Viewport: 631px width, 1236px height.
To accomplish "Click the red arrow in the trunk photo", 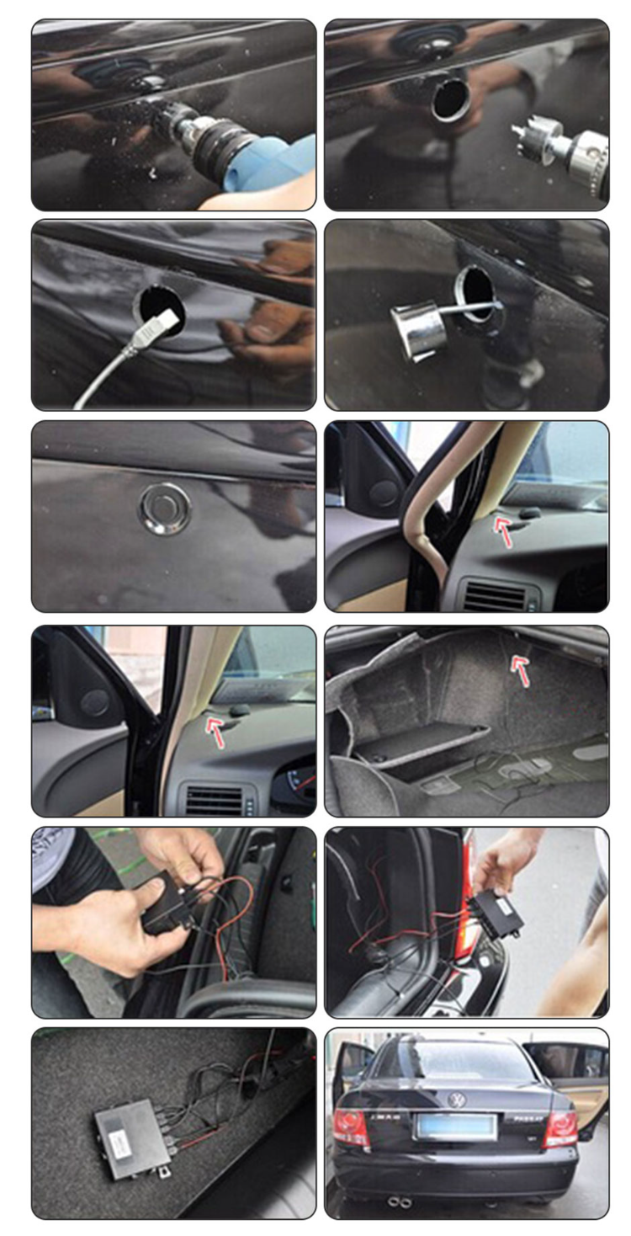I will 521,670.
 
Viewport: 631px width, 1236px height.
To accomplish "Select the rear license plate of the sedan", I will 455,1126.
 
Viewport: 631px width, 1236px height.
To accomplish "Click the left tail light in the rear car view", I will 352,1127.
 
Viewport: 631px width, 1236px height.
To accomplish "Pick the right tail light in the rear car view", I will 560,1127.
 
